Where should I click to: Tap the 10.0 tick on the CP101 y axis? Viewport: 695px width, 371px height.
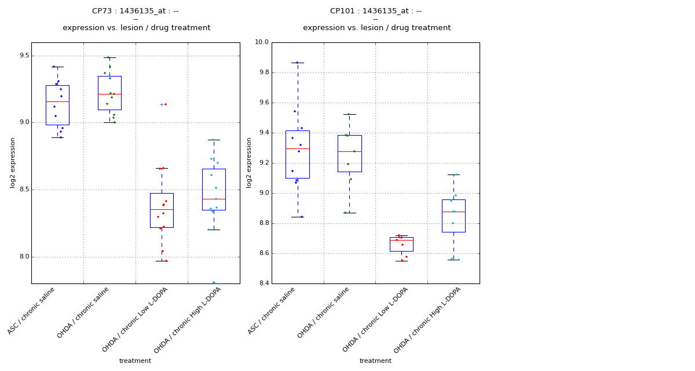coord(262,42)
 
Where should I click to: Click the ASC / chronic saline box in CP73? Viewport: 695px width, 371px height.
coord(57,105)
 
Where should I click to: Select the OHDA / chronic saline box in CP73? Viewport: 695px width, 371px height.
coord(109,93)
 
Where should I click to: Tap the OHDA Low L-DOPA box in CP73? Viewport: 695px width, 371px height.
coord(162,210)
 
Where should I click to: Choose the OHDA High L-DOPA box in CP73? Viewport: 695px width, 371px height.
coord(214,190)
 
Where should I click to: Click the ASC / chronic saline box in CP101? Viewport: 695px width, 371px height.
coord(298,154)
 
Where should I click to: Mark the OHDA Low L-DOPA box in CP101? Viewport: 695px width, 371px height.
coord(401,244)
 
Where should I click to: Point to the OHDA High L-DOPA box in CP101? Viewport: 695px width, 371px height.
coord(453,216)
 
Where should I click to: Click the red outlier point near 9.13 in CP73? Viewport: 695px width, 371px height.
coord(166,104)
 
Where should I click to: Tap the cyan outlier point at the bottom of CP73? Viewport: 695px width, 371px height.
coord(214,282)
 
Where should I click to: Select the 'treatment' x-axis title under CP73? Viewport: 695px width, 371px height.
coord(135,361)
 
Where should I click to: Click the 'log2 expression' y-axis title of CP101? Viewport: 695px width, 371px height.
coord(249,162)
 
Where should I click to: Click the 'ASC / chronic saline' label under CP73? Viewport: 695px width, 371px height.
coord(32,310)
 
